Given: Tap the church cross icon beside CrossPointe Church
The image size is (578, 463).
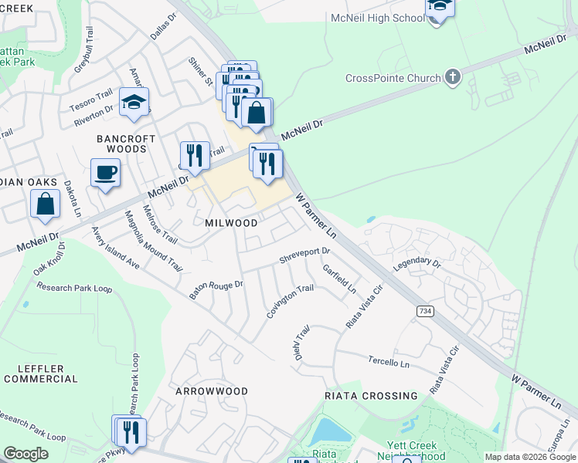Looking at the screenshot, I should click(x=452, y=77).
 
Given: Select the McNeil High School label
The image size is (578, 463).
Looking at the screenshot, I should click(x=377, y=18).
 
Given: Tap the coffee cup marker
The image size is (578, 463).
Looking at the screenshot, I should click(x=105, y=172).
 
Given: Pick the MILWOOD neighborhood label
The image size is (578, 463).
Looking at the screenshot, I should click(x=231, y=222).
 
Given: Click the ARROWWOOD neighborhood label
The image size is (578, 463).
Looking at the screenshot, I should click(x=212, y=391).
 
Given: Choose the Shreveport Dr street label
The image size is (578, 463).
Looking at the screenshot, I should click(x=304, y=255).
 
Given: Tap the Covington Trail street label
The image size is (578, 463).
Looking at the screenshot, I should click(x=290, y=300).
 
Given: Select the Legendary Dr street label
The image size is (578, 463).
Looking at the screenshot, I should click(x=416, y=265).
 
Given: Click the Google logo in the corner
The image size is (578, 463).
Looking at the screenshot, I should click(x=25, y=454).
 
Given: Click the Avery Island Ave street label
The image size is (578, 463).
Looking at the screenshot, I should click(x=115, y=247).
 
